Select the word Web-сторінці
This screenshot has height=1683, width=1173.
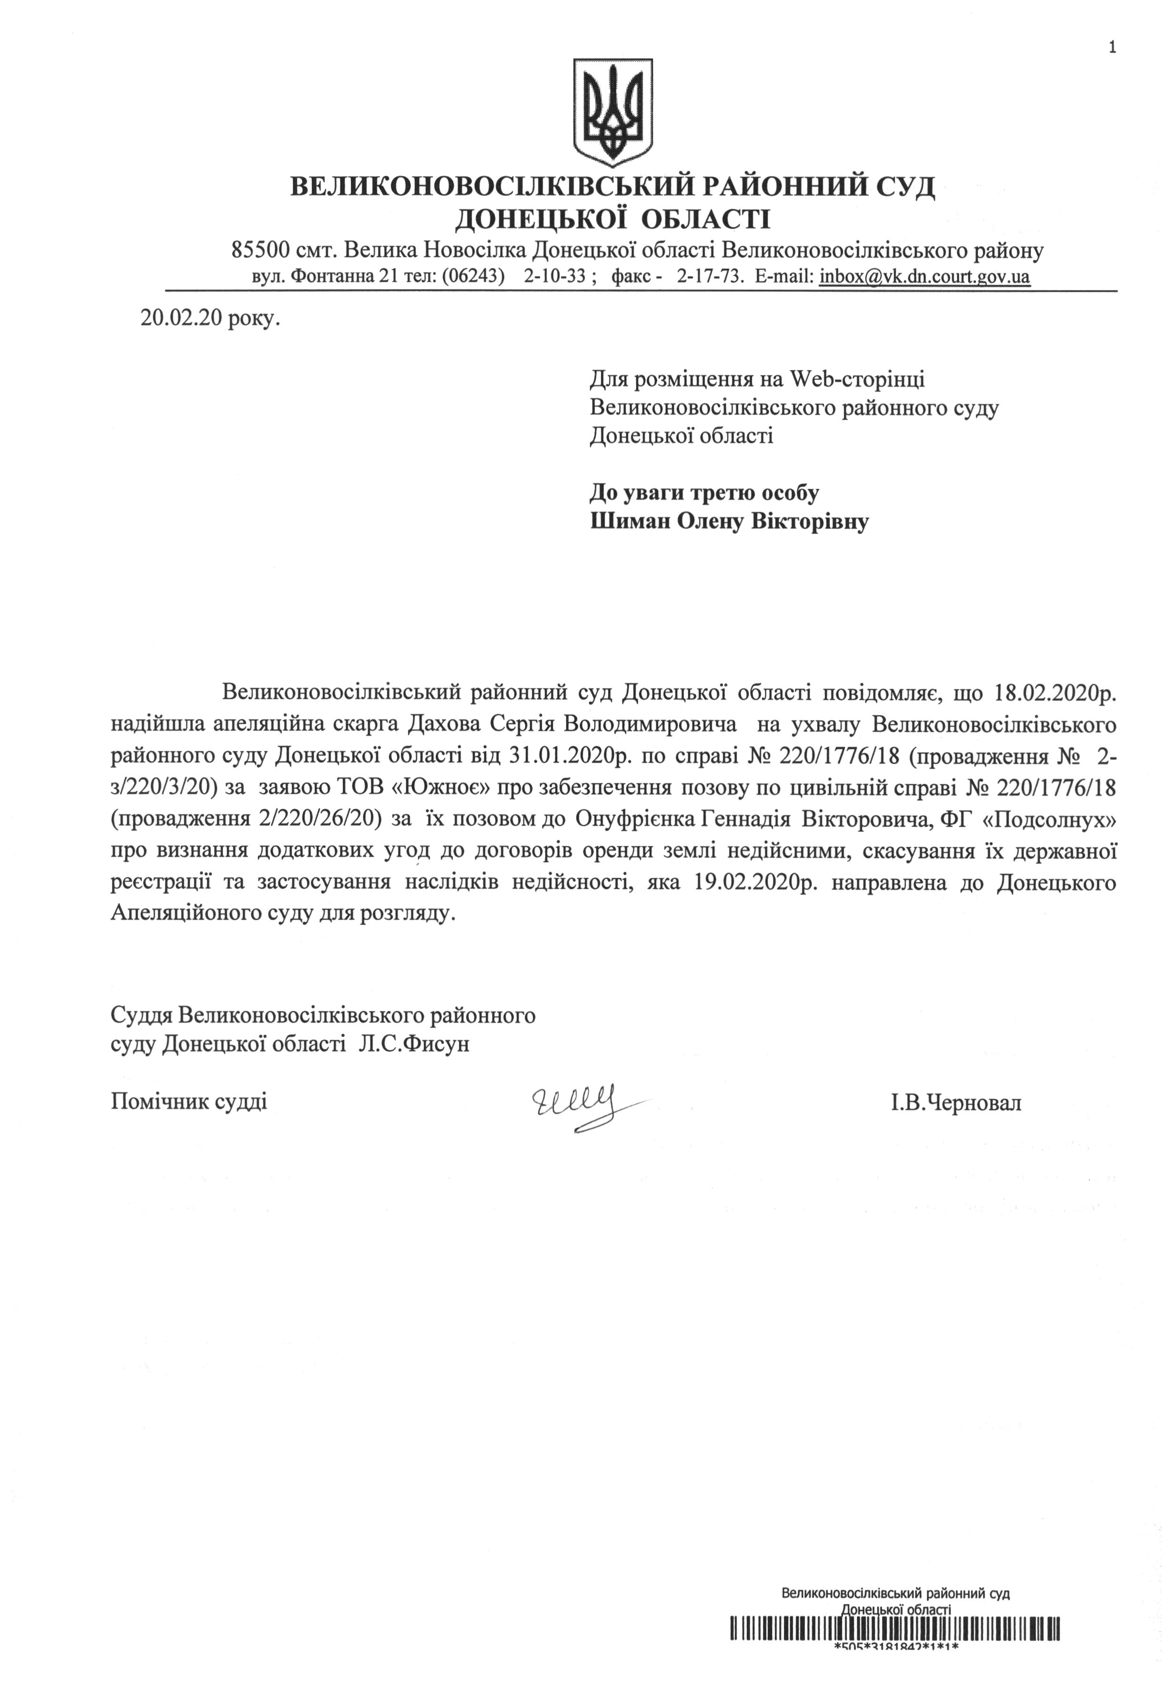(857, 379)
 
